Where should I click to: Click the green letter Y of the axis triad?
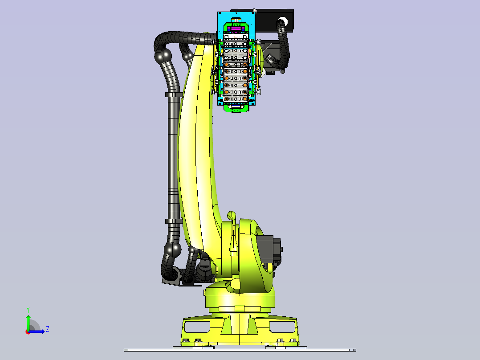[x=28, y=310]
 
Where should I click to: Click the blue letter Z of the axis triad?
[x=48, y=329]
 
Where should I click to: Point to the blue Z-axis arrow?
[x=37, y=332]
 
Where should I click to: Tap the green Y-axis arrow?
[x=28, y=323]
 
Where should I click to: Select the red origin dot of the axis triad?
[x=28, y=332]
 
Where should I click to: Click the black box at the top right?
[x=274, y=20]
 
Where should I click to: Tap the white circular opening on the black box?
[x=283, y=21]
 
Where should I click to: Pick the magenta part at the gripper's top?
[x=236, y=29]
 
